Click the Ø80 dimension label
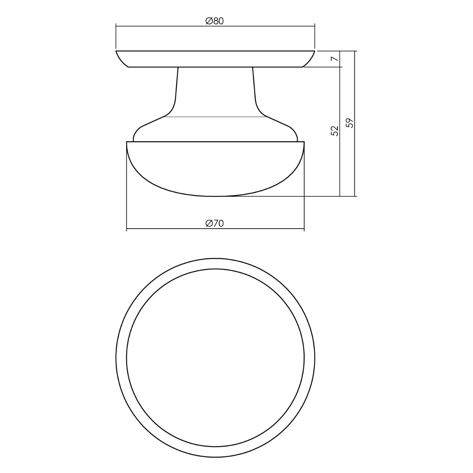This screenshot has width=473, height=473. (x=215, y=21)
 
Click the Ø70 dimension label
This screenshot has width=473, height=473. (x=215, y=223)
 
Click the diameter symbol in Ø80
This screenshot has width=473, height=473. (x=209, y=21)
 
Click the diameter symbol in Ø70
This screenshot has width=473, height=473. (x=209, y=223)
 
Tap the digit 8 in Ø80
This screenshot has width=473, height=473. (x=216, y=21)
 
